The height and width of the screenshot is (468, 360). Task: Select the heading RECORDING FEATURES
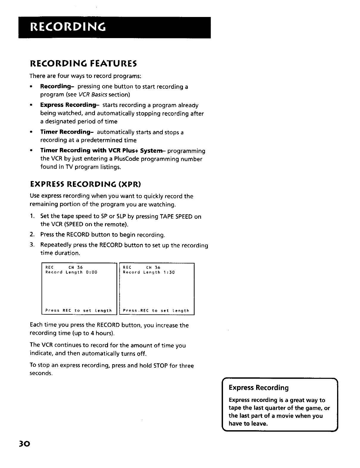[83, 63]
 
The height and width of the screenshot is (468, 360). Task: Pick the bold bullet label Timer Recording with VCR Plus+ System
[101, 151]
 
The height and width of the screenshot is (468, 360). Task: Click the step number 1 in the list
[32, 216]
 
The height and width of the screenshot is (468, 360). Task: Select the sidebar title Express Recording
[259, 388]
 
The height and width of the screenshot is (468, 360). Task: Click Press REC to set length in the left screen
[79, 311]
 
